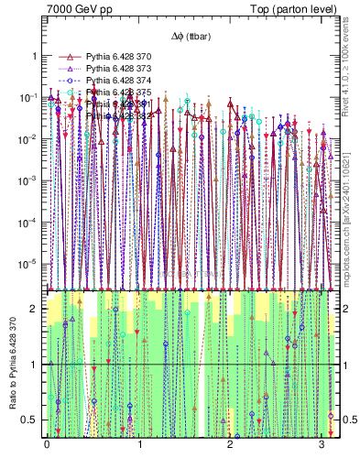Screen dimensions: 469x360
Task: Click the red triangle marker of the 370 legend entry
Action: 64,56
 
